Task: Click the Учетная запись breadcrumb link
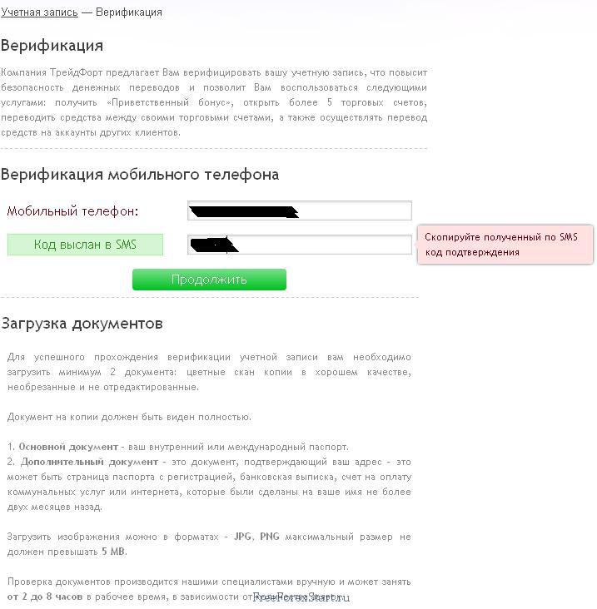pos(39,12)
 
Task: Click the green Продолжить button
pos(209,280)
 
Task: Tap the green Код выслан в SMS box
pos(85,245)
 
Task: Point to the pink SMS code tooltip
pos(505,245)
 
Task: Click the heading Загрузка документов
pos(82,324)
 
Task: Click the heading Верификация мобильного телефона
pos(140,175)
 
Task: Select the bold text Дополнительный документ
pos(88,462)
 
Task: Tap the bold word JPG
pos(242,537)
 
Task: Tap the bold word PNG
pos(269,537)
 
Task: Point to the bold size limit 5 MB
pos(114,552)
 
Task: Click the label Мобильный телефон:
pos(72,211)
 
